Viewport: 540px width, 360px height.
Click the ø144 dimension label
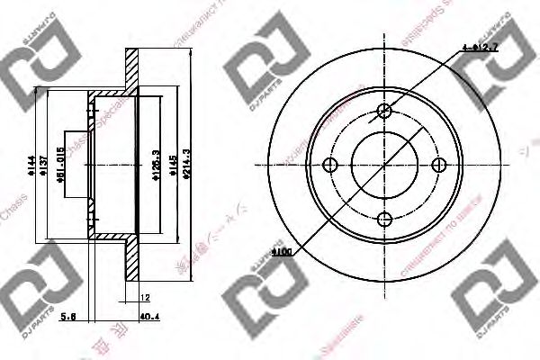[x=30, y=165]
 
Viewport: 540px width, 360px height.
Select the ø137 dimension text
[x=41, y=165]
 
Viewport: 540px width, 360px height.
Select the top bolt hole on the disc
[x=385, y=111]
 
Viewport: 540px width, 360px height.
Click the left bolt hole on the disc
[x=329, y=165]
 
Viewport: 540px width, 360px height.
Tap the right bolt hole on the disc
[x=440, y=165]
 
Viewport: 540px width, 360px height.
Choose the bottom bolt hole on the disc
[x=385, y=220]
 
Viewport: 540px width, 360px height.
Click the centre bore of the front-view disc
[x=385, y=165]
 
